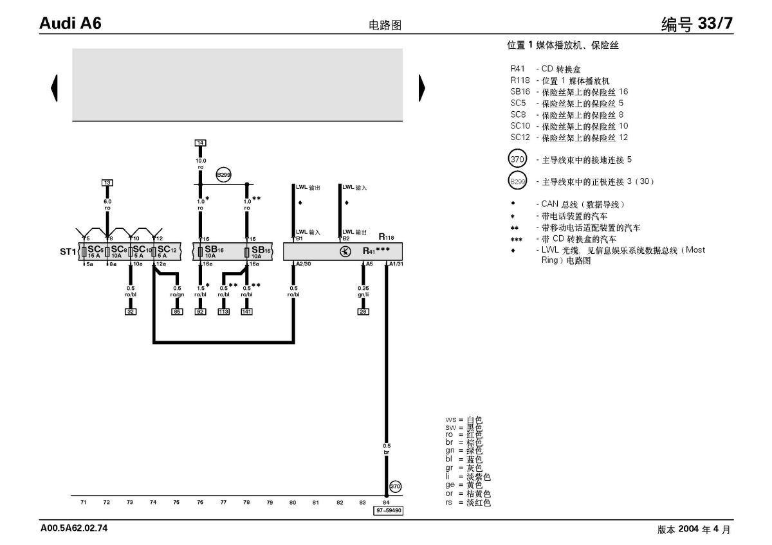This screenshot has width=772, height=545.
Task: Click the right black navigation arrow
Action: (x=421, y=87)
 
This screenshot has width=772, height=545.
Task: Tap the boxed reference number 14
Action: (x=200, y=143)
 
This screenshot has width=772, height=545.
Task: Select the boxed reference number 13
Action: (x=107, y=183)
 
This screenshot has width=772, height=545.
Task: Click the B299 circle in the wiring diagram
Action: (x=223, y=174)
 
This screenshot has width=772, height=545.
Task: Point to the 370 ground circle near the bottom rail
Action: (x=396, y=487)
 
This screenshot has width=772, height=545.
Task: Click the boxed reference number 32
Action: (x=131, y=312)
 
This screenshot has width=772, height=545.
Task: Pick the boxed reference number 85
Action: (x=177, y=312)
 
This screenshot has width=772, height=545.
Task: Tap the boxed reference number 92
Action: (x=200, y=312)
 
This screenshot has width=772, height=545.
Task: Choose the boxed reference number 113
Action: (x=223, y=312)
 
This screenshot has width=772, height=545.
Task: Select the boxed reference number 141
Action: (x=247, y=312)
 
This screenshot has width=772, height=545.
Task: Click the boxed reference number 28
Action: (x=363, y=312)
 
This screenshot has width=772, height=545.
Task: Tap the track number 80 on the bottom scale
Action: (x=293, y=501)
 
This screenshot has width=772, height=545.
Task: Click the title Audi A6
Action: (x=70, y=23)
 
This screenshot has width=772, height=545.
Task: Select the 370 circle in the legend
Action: (x=517, y=159)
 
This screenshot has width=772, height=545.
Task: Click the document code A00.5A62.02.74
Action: (x=74, y=528)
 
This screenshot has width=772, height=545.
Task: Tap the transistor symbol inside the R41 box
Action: (x=343, y=251)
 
